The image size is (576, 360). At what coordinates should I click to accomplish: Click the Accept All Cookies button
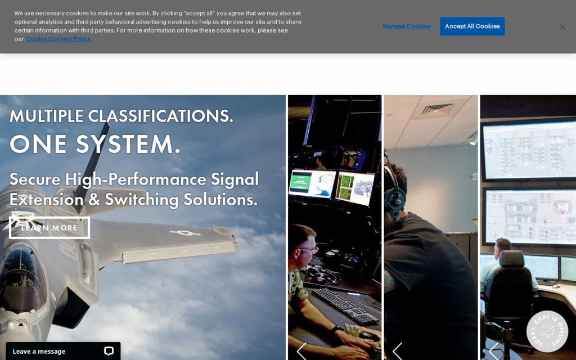click(x=472, y=26)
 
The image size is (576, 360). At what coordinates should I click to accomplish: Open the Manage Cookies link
click(x=406, y=26)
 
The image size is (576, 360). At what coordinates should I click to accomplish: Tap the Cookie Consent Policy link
click(x=58, y=39)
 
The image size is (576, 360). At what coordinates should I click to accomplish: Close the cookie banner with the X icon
click(x=562, y=27)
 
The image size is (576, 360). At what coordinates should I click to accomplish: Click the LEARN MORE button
click(x=49, y=227)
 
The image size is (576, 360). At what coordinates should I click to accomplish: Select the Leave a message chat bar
click(x=63, y=351)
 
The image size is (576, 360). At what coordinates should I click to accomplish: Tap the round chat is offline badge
click(x=547, y=331)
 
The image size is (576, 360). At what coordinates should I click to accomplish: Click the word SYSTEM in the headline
click(x=128, y=143)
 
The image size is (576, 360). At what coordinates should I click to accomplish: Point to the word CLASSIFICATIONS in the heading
click(x=160, y=116)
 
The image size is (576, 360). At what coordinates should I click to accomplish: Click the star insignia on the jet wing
click(x=185, y=232)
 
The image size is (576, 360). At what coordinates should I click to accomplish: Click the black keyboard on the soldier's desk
click(x=345, y=305)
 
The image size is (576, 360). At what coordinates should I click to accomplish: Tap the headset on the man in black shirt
click(x=394, y=191)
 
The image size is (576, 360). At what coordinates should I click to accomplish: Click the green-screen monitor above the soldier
click(x=312, y=183)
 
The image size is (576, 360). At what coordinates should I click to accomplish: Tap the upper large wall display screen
click(x=529, y=149)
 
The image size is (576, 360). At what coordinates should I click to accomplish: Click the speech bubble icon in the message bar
click(x=109, y=351)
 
